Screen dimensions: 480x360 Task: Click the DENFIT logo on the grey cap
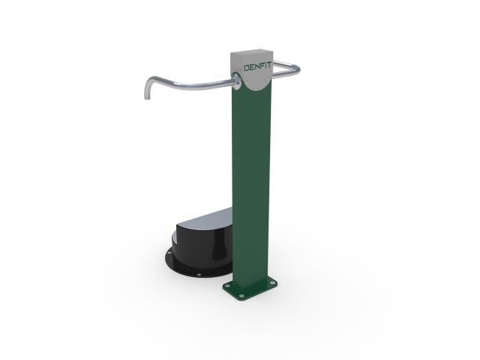(258, 67)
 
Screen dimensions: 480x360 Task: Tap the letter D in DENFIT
(247, 68)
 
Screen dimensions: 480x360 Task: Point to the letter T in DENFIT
(269, 66)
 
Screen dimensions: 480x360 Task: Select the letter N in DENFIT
(258, 67)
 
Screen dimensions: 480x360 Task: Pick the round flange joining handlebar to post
(236, 81)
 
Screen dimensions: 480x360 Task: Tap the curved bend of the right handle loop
(296, 70)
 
